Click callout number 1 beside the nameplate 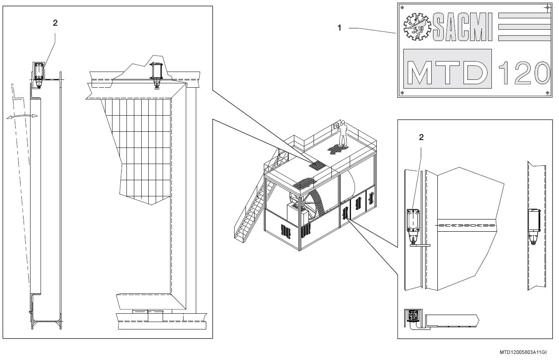pos(339,28)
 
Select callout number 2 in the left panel pos(55,23)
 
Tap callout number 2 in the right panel pos(421,137)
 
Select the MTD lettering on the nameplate pos(447,72)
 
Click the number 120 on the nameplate pos(523,72)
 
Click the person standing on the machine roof pos(343,133)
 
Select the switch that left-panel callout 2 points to pos(39,72)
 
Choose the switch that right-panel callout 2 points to pos(412,223)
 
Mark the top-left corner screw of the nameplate pos(402,7)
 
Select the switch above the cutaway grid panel pos(157,74)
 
